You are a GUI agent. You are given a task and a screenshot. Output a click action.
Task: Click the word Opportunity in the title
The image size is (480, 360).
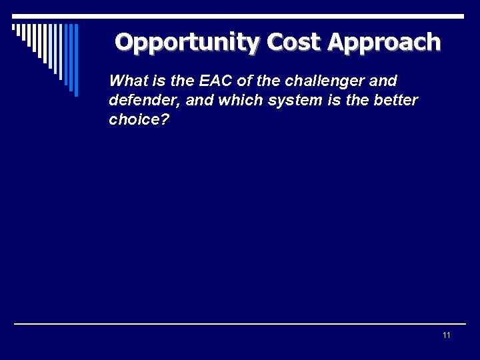(188, 42)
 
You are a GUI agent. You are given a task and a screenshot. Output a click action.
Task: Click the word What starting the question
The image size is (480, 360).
(127, 81)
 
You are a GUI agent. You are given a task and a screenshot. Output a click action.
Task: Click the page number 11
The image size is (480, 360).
(446, 335)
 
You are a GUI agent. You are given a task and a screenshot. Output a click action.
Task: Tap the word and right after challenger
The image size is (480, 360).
(383, 81)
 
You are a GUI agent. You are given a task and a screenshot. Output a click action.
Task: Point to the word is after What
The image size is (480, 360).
(156, 81)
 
